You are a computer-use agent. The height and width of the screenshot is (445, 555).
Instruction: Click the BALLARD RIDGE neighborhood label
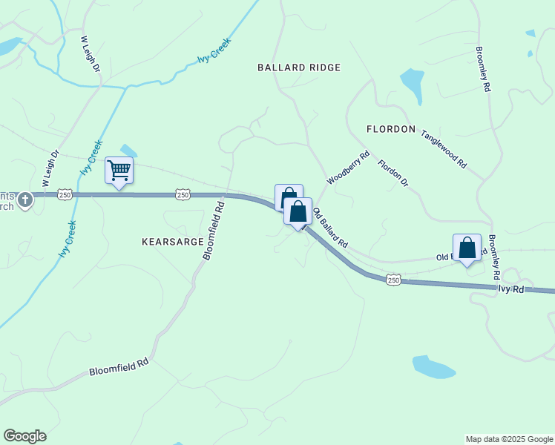(x=299, y=67)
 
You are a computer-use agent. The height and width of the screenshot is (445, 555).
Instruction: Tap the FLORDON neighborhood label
(x=391, y=129)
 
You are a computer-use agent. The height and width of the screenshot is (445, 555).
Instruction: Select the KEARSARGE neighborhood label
(x=171, y=242)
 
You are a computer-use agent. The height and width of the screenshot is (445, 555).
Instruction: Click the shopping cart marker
(x=119, y=171)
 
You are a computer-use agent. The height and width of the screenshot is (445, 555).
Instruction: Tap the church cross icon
(x=25, y=200)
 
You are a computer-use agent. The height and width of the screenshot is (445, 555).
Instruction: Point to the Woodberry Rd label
(x=347, y=168)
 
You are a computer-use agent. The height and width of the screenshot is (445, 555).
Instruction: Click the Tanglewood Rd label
(x=443, y=149)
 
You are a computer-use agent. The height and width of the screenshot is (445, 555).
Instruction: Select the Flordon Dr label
(x=393, y=172)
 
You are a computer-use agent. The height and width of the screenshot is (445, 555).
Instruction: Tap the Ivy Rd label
(x=511, y=289)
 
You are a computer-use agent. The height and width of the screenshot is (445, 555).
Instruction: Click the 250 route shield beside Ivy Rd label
(x=393, y=280)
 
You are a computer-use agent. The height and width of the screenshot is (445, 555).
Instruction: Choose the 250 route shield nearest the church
(x=65, y=194)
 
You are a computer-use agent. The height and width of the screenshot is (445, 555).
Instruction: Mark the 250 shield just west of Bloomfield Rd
(x=183, y=194)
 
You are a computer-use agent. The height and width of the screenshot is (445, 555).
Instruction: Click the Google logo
(x=24, y=436)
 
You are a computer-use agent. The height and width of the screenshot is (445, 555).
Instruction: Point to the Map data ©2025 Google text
(x=508, y=439)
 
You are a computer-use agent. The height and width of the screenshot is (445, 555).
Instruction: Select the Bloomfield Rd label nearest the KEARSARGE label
(x=213, y=228)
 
